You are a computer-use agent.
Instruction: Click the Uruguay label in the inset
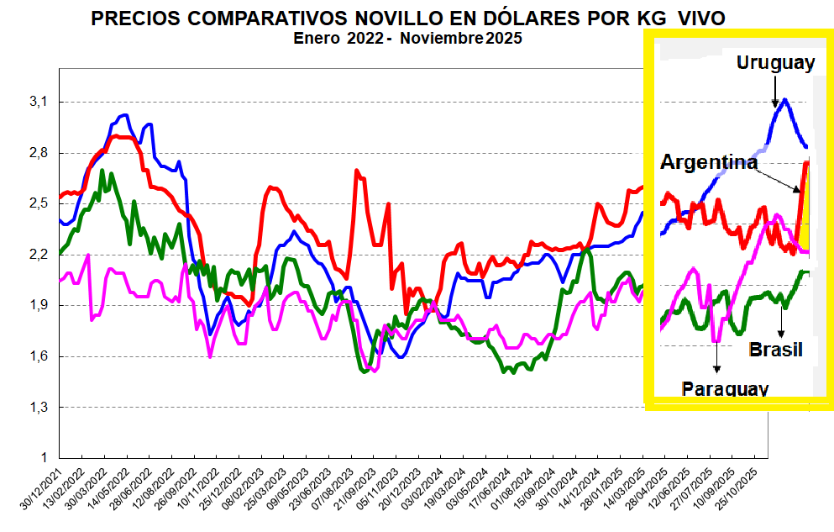(x=775, y=63)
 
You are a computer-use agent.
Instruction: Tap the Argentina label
(x=709, y=162)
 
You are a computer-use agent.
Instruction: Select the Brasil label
(x=775, y=349)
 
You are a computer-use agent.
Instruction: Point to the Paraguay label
(x=725, y=388)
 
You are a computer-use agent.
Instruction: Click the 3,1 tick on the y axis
(x=40, y=102)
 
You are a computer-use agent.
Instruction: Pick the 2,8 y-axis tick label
(x=40, y=153)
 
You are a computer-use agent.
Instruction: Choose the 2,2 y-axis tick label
(x=40, y=255)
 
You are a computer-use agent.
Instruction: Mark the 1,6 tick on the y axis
(x=40, y=356)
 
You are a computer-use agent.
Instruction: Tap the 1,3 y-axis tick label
(x=40, y=408)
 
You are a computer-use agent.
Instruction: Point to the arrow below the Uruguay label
(x=774, y=92)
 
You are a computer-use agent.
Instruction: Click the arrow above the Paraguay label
(x=716, y=356)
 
